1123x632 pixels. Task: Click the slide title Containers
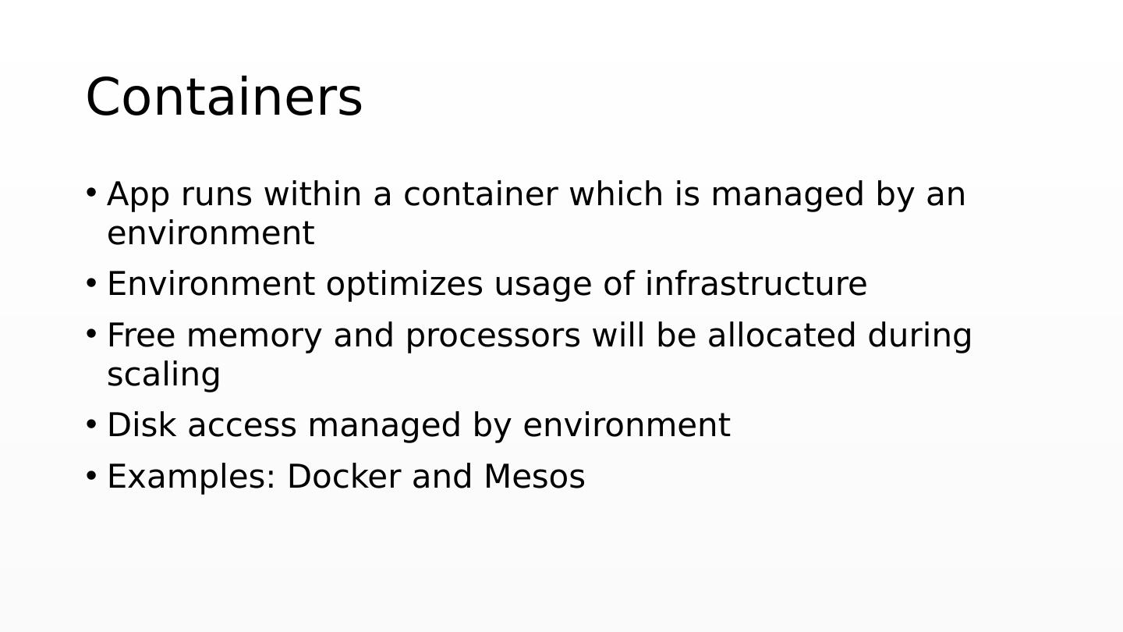(224, 98)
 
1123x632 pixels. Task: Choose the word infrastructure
(756, 284)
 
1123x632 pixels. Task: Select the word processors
(492, 336)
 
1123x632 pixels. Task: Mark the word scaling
(164, 375)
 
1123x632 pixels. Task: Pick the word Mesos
(534, 477)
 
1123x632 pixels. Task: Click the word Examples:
(191, 477)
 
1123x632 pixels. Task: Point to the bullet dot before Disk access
(91, 424)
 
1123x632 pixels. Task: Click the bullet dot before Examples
(91, 476)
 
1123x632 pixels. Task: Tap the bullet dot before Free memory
(91, 334)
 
